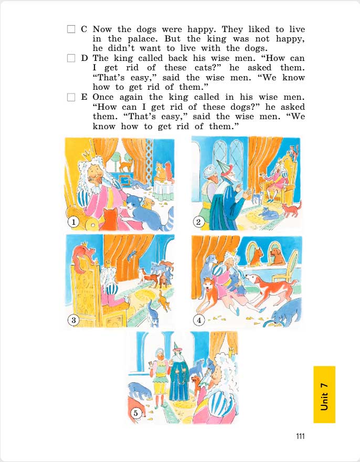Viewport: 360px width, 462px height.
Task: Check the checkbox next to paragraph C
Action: (x=72, y=29)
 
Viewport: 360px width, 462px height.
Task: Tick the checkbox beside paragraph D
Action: (x=72, y=58)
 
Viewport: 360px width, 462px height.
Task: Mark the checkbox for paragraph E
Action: (x=72, y=98)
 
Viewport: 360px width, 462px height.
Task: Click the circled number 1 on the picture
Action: (x=74, y=223)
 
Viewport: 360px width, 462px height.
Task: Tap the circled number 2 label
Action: (x=198, y=222)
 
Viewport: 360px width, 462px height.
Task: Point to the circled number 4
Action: (x=199, y=319)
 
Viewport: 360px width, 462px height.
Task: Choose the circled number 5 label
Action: (x=135, y=413)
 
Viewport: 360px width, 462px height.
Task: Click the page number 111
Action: (x=300, y=436)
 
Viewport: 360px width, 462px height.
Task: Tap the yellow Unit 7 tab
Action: (x=324, y=394)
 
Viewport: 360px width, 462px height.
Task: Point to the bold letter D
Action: (x=84, y=58)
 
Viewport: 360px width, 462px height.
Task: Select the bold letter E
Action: (x=84, y=98)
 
